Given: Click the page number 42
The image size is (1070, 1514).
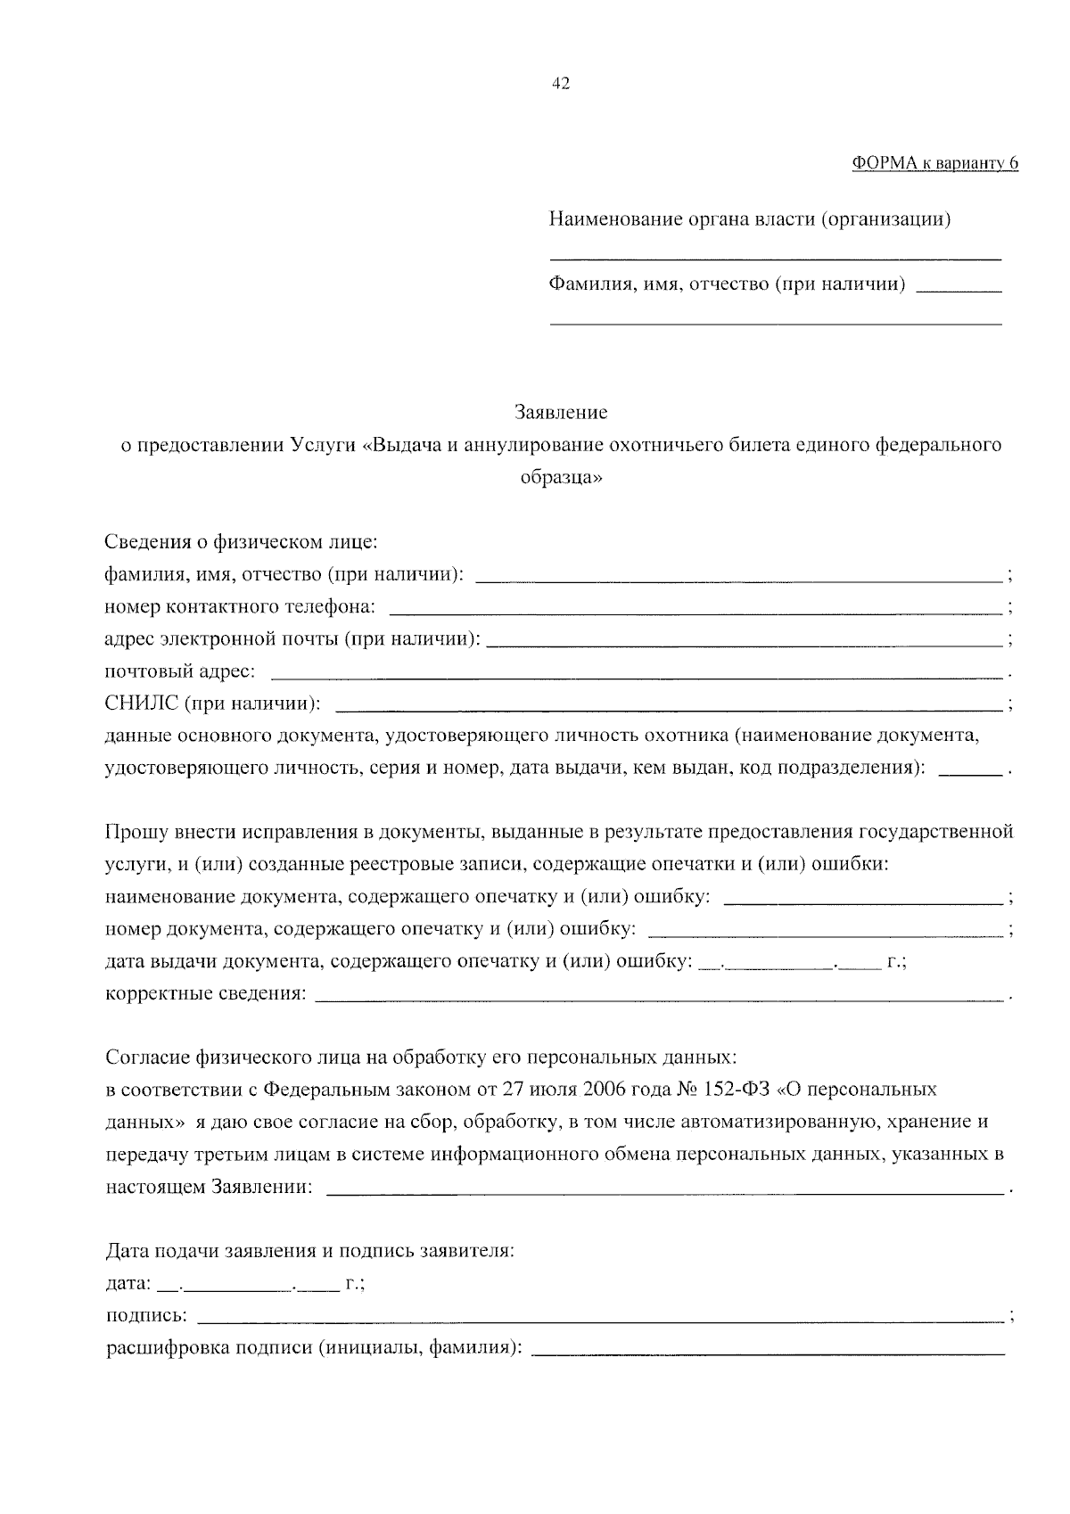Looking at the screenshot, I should [x=561, y=84].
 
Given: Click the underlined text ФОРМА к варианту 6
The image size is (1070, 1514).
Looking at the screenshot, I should [x=934, y=162].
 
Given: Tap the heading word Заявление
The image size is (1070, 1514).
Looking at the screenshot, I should [x=561, y=413].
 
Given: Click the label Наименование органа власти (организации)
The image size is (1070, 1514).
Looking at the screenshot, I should [x=749, y=219].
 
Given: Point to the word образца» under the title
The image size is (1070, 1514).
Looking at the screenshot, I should [x=561, y=478].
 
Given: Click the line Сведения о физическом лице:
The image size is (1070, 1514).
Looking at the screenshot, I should [x=241, y=542].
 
